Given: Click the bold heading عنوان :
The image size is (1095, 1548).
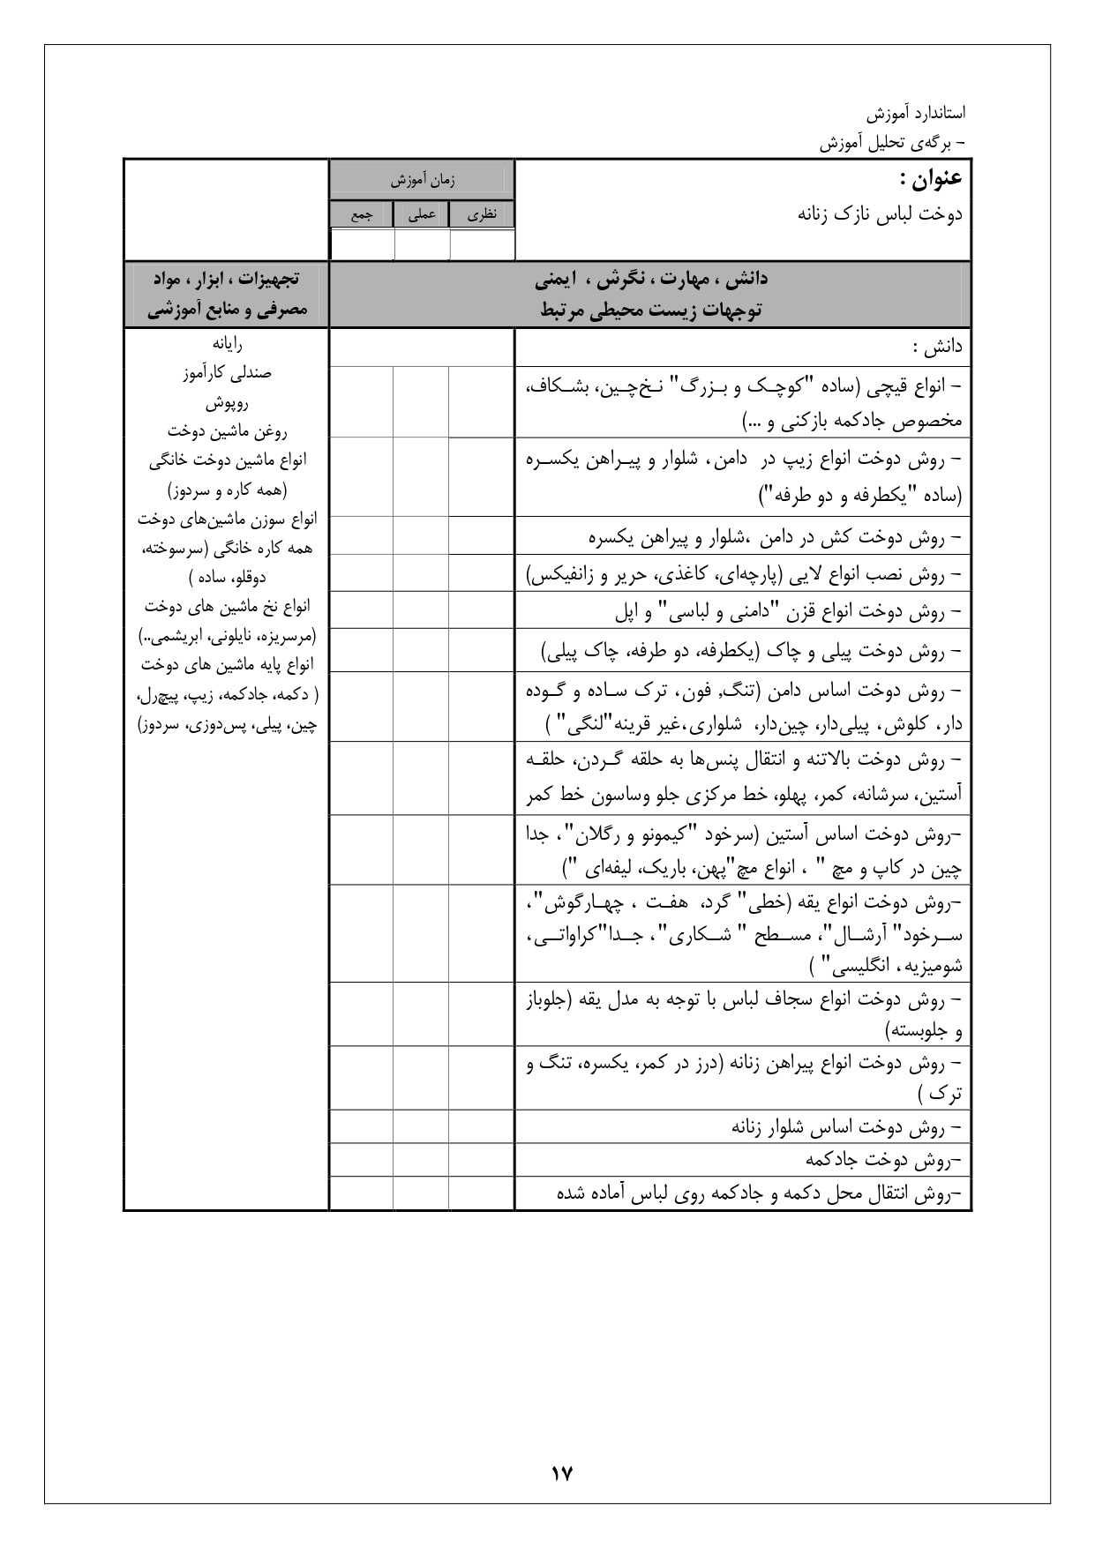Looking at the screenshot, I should pyautogui.click(x=930, y=179).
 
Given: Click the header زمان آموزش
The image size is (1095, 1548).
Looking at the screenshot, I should pyautogui.click(x=423, y=180).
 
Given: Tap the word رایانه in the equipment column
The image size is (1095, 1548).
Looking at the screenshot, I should pyautogui.click(x=227, y=344).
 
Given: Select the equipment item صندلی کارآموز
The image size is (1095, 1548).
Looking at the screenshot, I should pyautogui.click(x=227, y=373).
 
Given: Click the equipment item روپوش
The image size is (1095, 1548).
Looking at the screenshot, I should pyautogui.click(x=227, y=403).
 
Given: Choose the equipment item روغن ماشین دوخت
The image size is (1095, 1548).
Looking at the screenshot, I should pyautogui.click(x=227, y=431).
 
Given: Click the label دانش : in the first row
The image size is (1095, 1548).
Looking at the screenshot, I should pyautogui.click(x=938, y=348).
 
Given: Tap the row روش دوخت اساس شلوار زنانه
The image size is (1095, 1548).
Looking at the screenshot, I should pyautogui.click(x=845, y=1126).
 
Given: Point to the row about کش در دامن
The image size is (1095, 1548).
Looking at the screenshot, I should pyautogui.click(x=776, y=536).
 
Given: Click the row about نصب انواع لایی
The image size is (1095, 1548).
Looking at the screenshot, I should pyautogui.click(x=744, y=575).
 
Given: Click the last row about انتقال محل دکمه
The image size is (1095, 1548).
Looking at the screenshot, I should pyautogui.click(x=763, y=1193).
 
